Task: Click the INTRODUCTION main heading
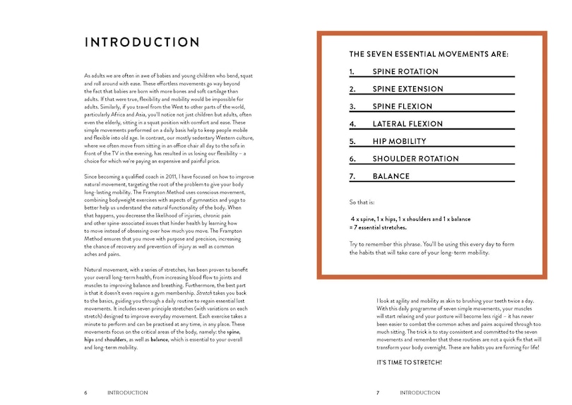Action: click(141, 42)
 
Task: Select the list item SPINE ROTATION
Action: click(405, 71)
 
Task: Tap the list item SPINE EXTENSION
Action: click(407, 89)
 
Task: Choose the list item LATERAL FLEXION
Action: click(407, 124)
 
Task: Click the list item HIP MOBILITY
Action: click(400, 141)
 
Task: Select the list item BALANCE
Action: click(391, 176)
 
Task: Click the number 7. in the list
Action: click(353, 176)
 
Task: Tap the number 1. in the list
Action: click(352, 71)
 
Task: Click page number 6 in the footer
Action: click(85, 392)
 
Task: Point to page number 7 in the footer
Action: click(378, 392)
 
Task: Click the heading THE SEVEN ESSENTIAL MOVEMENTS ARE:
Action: click(429, 54)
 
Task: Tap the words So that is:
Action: click(362, 202)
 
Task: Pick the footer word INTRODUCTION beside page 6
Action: click(127, 392)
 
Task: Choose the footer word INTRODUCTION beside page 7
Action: click(420, 392)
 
